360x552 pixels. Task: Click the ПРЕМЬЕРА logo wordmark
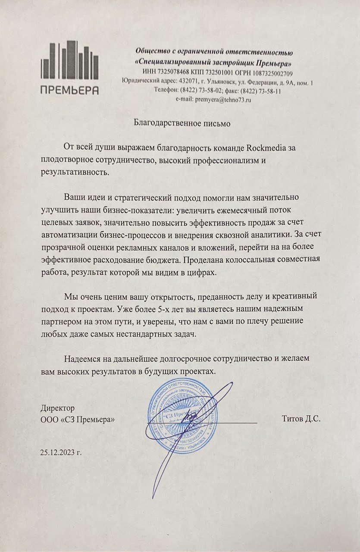(70, 90)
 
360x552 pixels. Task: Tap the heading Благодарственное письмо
(182, 123)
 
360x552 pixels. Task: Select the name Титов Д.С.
(301, 419)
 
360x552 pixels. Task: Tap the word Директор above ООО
(58, 408)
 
